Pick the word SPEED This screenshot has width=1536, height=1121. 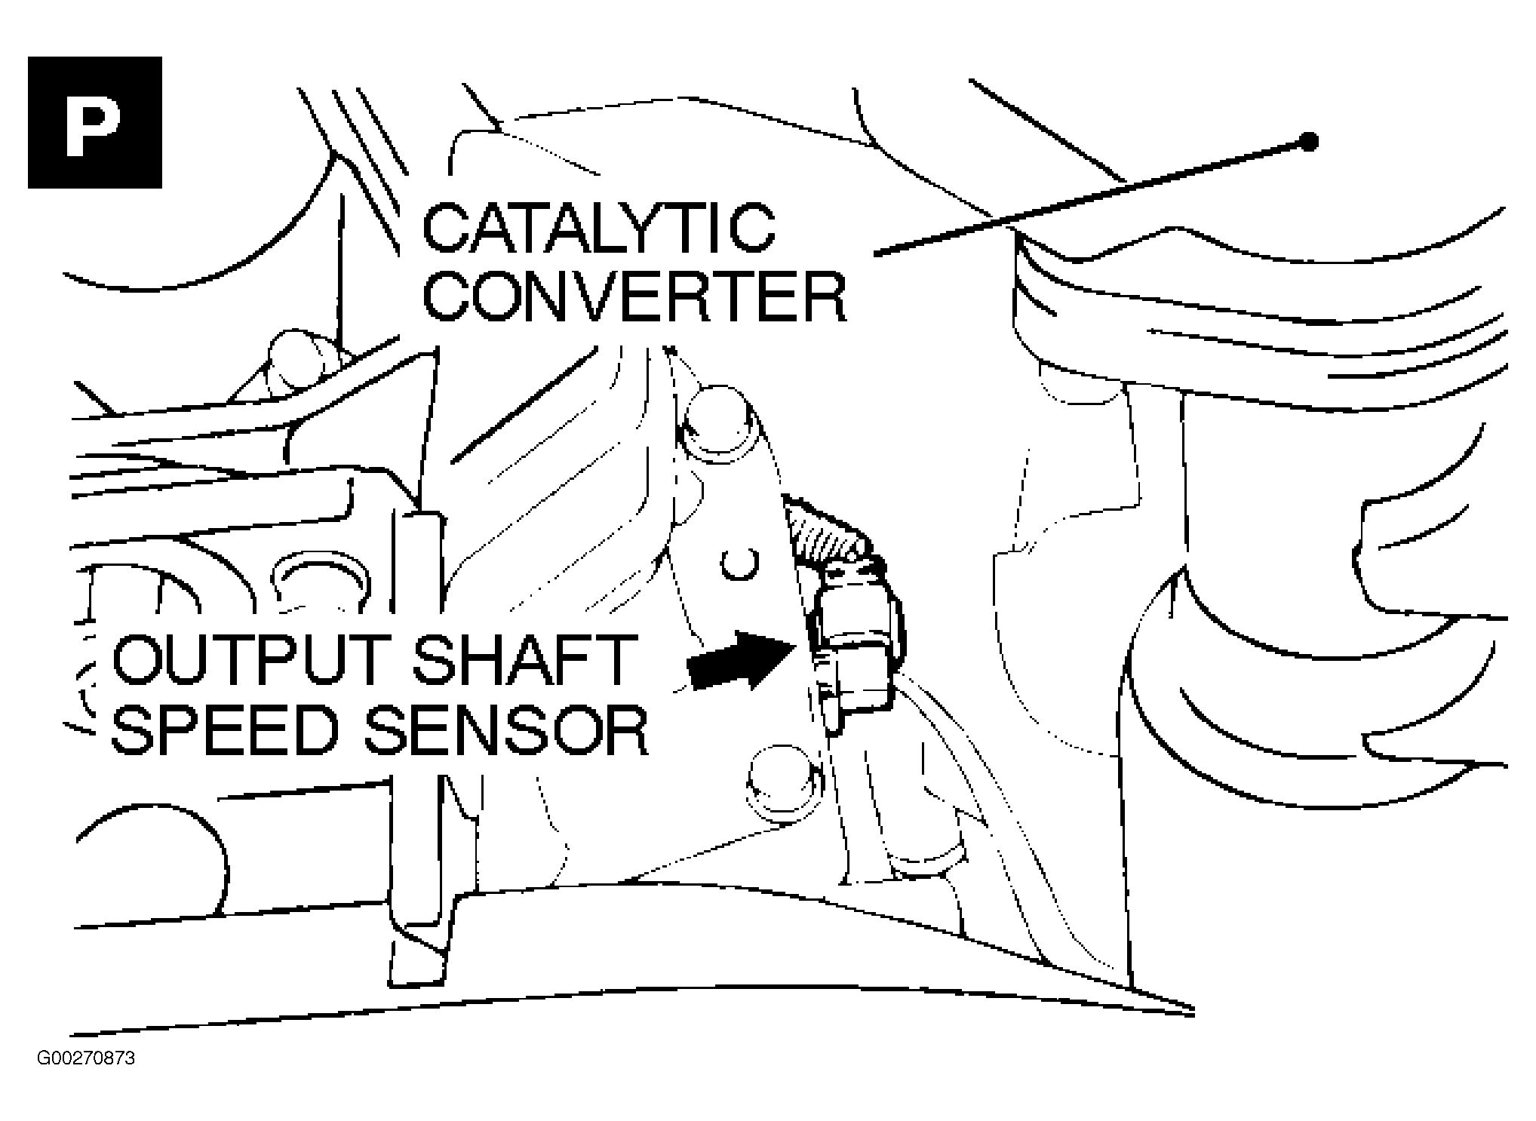tap(225, 729)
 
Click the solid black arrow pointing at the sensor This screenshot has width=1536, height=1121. tap(742, 659)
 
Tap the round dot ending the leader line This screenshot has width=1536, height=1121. tap(1309, 142)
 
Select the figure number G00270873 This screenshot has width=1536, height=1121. tap(86, 1058)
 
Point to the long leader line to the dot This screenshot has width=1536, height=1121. tap(1092, 198)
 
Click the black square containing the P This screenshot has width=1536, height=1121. tap(95, 122)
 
